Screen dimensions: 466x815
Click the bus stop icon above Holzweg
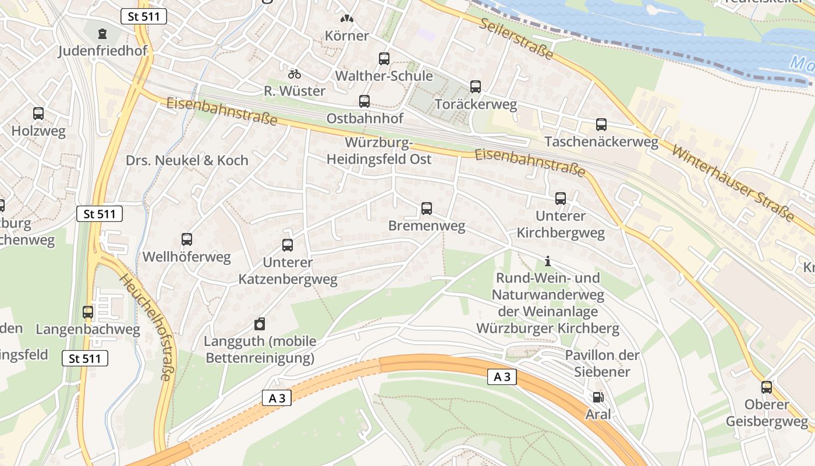point(38,114)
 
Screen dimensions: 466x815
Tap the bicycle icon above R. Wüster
point(295,74)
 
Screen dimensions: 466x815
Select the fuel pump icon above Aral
point(598,397)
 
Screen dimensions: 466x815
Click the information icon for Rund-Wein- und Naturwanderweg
point(547,261)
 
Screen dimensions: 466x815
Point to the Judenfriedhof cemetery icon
point(103,34)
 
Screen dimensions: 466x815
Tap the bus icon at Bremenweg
point(427,209)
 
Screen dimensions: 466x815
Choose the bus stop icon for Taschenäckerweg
point(601,125)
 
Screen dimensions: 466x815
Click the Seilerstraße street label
point(516,38)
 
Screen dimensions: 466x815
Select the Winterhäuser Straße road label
point(732,182)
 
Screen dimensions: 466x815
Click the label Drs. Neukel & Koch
point(187,160)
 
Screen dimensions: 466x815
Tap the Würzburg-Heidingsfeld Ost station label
point(379,151)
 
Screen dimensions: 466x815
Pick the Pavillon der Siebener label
point(602,363)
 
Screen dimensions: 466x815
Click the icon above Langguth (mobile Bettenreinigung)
point(260,324)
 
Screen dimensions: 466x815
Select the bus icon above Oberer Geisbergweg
point(767,387)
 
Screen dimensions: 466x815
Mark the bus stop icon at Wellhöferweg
point(187,239)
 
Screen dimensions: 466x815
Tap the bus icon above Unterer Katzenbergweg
point(288,245)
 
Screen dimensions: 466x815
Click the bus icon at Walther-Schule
point(384,58)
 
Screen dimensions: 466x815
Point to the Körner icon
point(347,19)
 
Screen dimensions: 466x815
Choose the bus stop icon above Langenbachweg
point(88,312)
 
